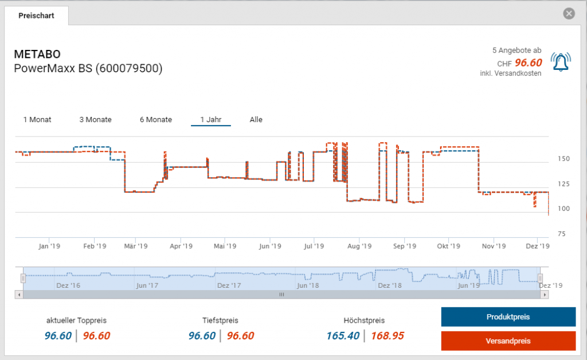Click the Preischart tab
pyautogui.click(x=36, y=15)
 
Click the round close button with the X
pyautogui.click(x=569, y=14)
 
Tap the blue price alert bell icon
pyautogui.click(x=561, y=61)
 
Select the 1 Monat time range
pyautogui.click(x=37, y=120)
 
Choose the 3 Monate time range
pyautogui.click(x=95, y=120)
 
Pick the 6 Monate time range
pyautogui.click(x=156, y=120)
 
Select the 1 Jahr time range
pyautogui.click(x=210, y=120)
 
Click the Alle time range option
pyautogui.click(x=256, y=120)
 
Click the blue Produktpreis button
pyautogui.click(x=508, y=317)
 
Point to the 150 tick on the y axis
pyautogui.click(x=563, y=159)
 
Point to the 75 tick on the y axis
pyautogui.click(x=562, y=234)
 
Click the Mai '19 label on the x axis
pyautogui.click(x=225, y=246)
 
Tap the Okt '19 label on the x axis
pyautogui.click(x=448, y=246)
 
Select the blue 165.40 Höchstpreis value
pyautogui.click(x=342, y=336)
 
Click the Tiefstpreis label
pyautogui.click(x=220, y=320)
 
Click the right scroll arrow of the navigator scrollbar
pyautogui.click(x=545, y=295)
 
